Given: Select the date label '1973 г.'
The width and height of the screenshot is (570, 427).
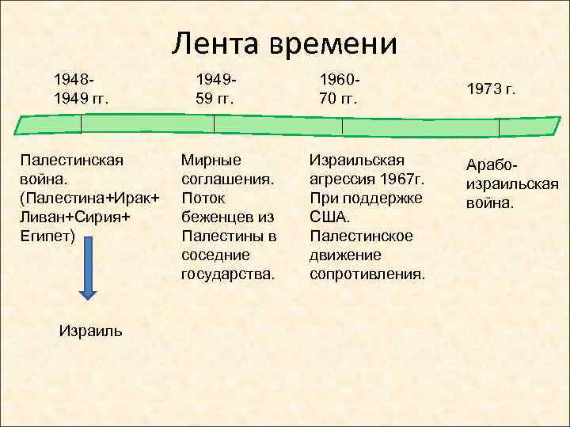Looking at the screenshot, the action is coord(491,89).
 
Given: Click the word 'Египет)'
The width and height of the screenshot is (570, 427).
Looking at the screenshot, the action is coord(48,236).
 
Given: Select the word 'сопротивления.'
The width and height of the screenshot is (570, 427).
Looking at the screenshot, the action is coord(367,274).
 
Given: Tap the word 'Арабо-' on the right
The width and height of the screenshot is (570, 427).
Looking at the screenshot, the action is coord(492,165).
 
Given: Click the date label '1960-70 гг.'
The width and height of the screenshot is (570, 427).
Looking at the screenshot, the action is coord(338,89).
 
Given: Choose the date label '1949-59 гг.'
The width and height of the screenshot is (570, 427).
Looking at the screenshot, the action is coord(215,89).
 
